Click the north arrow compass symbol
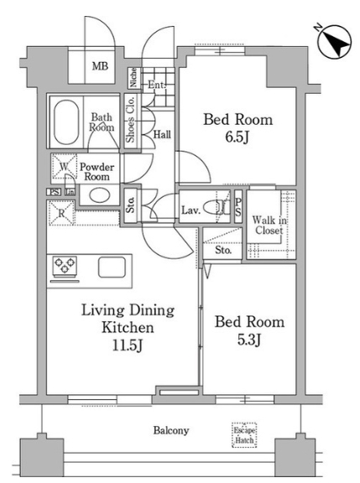pos(335,42)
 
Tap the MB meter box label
pos(100,66)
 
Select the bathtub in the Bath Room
pos(66,122)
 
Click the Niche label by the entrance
pos(133,77)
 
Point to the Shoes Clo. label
pos(131,119)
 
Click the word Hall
pos(162,134)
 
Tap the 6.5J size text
pos(237,138)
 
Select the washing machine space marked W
pos(64,167)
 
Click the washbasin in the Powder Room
pos(100,195)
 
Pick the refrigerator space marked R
pos(61,213)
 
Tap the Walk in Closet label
pos(269,226)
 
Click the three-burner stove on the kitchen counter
pos(65,265)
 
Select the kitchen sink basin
pos(112,267)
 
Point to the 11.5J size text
pos(128,345)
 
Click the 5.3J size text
pos(250,340)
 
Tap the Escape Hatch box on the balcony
pos(244,435)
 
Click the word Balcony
pos(171,430)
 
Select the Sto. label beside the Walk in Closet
pos(223,250)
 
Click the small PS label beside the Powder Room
pos(54,192)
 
